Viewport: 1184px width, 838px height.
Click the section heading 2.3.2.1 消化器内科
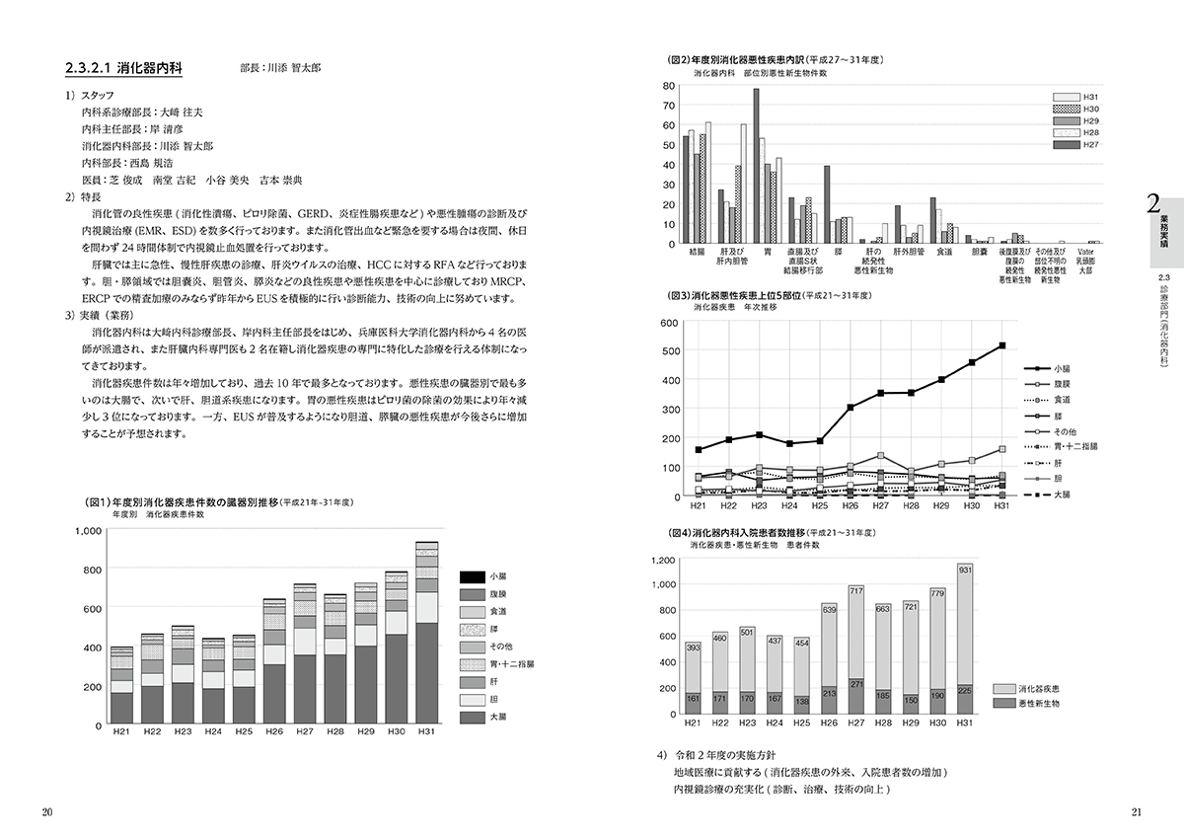(x=122, y=70)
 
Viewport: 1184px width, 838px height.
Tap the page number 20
(x=46, y=812)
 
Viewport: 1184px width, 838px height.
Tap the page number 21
(x=1136, y=812)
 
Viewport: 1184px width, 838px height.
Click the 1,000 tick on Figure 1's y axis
(x=89, y=531)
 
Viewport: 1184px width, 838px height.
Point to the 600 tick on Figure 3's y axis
(x=667, y=323)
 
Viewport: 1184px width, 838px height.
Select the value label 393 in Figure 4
(x=693, y=648)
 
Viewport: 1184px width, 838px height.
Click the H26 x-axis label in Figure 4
(x=828, y=724)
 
